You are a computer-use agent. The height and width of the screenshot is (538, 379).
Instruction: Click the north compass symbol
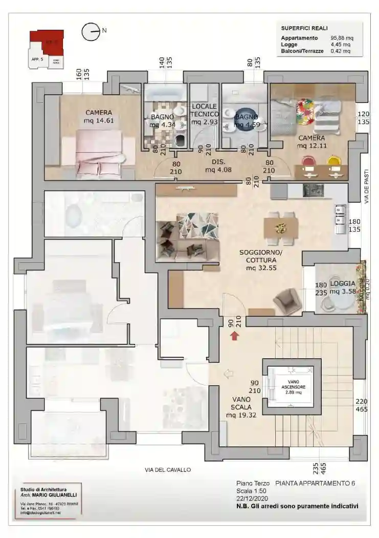pos(91,32)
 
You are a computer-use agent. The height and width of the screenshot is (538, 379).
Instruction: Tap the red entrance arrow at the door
pos(234,336)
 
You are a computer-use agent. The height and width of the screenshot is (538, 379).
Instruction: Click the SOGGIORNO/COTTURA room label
pos(260,260)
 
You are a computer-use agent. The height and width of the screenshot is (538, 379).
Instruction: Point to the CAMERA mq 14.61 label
pos(99,117)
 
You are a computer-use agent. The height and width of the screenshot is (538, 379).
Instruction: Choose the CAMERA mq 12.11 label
pos(311,142)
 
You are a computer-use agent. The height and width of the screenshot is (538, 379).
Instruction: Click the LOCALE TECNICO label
pos(205,114)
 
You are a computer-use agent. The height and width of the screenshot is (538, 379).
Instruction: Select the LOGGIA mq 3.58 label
pos(342,287)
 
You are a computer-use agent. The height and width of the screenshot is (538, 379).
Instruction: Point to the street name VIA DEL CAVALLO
pos(167,470)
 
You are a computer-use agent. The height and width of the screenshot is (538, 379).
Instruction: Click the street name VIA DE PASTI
pos(367,188)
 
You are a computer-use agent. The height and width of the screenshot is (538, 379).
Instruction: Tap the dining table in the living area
pos(280,228)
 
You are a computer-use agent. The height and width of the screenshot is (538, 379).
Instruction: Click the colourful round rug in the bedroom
pos(305,111)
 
